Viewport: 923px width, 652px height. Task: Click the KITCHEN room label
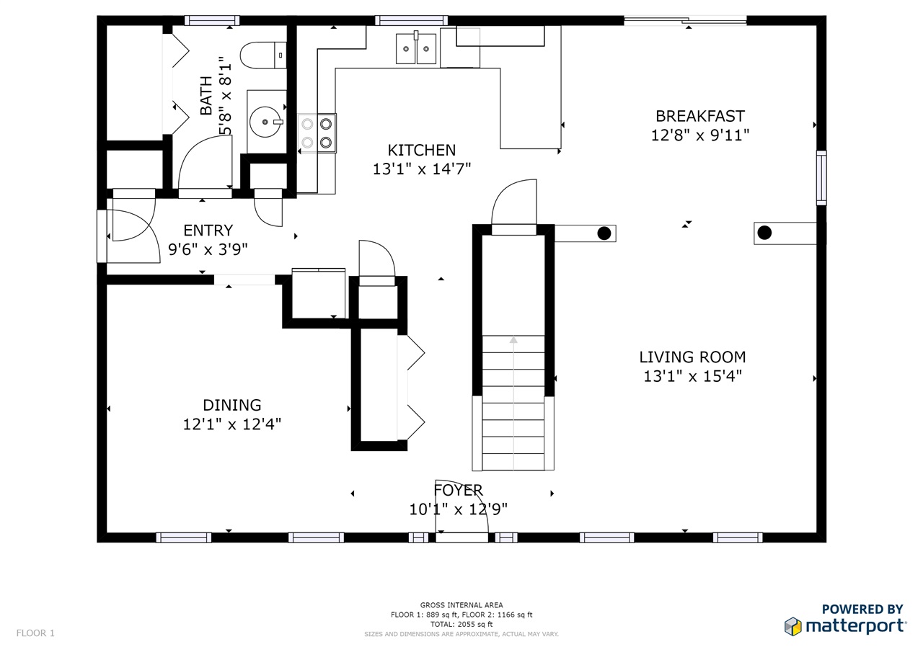tap(422, 151)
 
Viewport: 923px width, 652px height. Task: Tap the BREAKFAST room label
tap(700, 116)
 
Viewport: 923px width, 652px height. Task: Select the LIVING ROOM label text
tap(692, 357)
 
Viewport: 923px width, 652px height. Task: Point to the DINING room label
tap(232, 405)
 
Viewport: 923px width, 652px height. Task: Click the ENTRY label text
tap(208, 230)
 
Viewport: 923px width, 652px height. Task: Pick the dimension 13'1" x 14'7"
tap(422, 169)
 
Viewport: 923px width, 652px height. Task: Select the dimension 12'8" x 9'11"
tap(700, 135)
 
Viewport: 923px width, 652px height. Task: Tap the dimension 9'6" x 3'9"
tap(208, 249)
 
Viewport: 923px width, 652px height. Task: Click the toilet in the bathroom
tap(263, 55)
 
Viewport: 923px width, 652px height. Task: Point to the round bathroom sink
tap(266, 122)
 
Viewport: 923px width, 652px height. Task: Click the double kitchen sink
tap(416, 48)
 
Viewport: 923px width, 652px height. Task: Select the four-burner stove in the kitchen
tap(317, 133)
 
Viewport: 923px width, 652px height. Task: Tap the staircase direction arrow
tap(513, 403)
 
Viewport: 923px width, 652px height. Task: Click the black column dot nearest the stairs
tap(604, 233)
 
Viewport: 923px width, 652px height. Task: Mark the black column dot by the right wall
tap(764, 233)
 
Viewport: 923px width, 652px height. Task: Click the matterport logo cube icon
tap(792, 627)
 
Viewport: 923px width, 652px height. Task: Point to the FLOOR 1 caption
tap(35, 633)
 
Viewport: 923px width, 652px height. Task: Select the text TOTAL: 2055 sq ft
tap(461, 624)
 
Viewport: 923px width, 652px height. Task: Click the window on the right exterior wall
tap(821, 178)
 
